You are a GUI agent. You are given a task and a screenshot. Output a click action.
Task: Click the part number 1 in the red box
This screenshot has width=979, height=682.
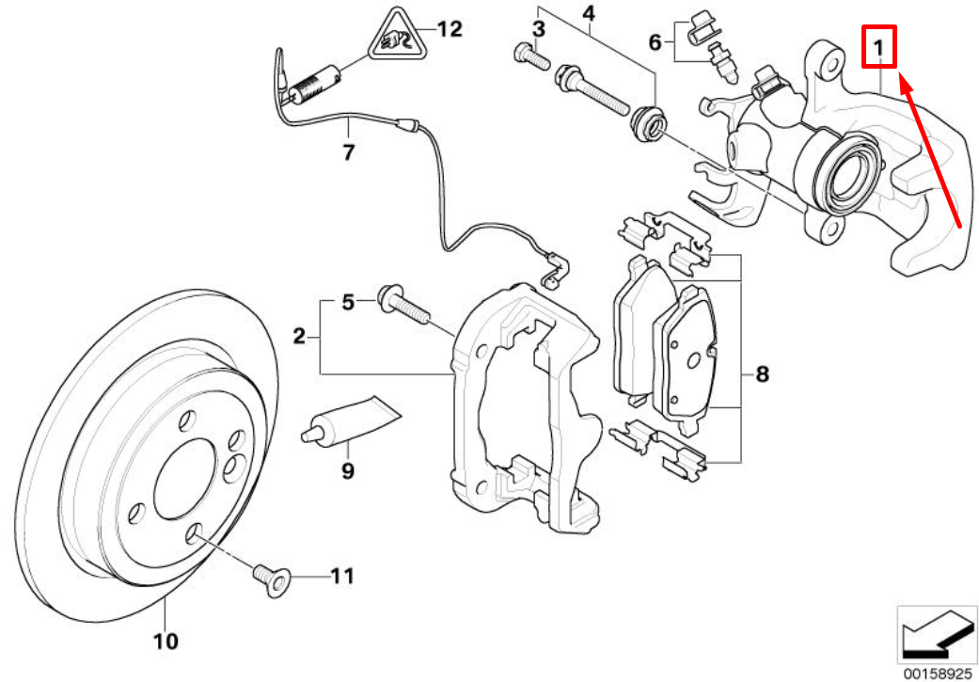click(878, 46)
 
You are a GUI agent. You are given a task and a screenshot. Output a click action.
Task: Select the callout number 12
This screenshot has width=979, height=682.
click(450, 29)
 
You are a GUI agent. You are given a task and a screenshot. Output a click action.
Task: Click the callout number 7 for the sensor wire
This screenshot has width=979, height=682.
click(348, 151)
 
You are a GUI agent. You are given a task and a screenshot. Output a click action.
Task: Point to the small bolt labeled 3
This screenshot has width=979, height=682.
click(530, 58)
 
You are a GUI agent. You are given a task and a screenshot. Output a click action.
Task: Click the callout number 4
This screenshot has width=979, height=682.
click(589, 14)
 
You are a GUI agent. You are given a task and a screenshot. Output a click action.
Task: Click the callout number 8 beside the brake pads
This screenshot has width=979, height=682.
click(761, 374)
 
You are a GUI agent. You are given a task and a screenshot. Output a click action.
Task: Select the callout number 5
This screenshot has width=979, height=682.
click(347, 302)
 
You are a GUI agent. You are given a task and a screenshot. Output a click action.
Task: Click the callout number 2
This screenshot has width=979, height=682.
click(299, 336)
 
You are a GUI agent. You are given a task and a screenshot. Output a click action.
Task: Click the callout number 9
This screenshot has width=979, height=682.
click(348, 470)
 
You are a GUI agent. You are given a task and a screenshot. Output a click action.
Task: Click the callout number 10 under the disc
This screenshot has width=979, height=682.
click(165, 642)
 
